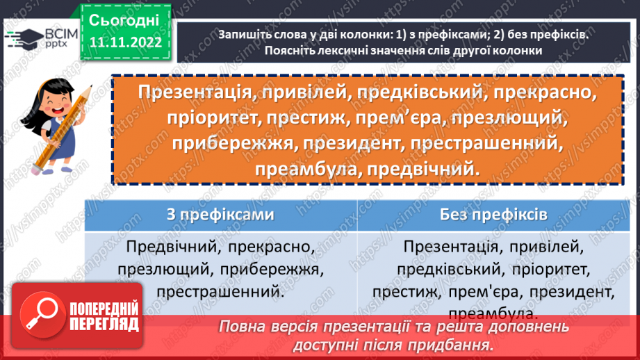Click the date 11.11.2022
(x=125, y=42)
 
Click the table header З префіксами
(x=220, y=215)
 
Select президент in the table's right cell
(x=570, y=292)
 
